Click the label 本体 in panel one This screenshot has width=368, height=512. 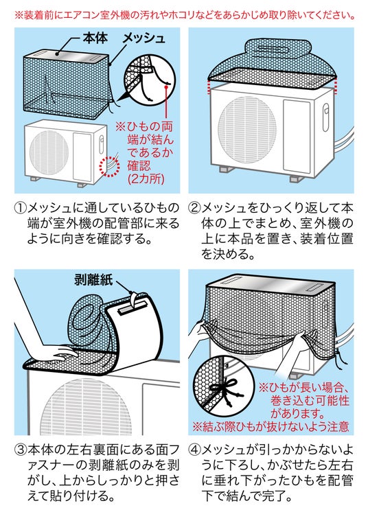click(95, 38)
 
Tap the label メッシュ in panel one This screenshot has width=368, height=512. click(143, 38)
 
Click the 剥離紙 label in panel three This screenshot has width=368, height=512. click(93, 280)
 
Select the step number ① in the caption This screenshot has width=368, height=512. click(20, 209)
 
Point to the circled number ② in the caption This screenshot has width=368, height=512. click(194, 209)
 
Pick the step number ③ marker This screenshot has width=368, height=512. click(20, 450)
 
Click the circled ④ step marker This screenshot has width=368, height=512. click(194, 450)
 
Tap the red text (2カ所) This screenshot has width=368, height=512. click(146, 179)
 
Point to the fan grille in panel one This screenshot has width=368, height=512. click(49, 152)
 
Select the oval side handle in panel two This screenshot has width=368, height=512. click(325, 117)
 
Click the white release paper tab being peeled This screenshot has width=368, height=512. click(135, 300)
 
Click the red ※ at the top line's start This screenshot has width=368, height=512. click(19, 15)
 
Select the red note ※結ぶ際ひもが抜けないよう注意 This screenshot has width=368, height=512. click(271, 427)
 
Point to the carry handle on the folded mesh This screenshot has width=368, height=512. click(277, 49)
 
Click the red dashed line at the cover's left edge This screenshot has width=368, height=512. click(209, 86)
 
